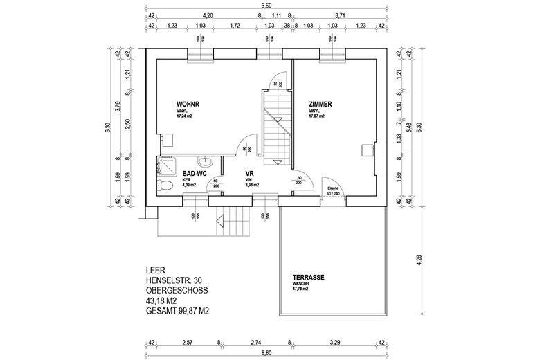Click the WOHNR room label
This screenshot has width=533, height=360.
188,105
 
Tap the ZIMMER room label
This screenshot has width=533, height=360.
320,105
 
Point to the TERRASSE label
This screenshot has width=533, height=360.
309,278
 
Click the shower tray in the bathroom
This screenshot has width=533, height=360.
167,165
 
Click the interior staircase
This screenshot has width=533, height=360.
275,125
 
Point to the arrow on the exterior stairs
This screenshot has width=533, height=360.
221,222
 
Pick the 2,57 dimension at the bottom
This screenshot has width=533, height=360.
187,342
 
